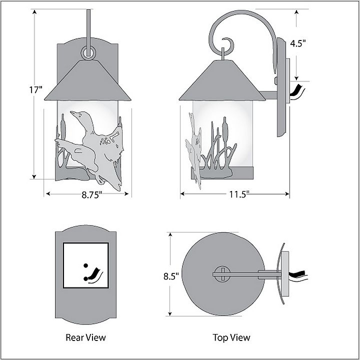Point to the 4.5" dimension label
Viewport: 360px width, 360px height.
pyautogui.click(x=298, y=43)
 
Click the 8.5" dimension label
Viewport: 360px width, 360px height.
pyautogui.click(x=171, y=275)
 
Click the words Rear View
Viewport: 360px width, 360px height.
pyautogui.click(x=85, y=337)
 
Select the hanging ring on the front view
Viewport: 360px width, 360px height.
pyautogui.click(x=88, y=52)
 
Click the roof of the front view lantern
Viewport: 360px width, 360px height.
pyautogui.click(x=88, y=80)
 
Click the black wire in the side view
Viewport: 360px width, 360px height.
pyautogui.click(x=298, y=92)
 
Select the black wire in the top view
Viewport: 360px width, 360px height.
pyautogui.click(x=302, y=274)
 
